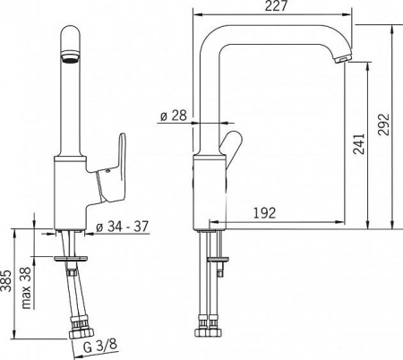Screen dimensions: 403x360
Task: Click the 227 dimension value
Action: (x=276, y=5)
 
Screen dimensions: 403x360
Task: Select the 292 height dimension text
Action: (x=383, y=124)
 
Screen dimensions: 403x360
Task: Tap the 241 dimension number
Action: (x=359, y=143)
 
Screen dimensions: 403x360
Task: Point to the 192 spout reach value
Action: (x=264, y=213)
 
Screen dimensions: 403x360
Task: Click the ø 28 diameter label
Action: (x=174, y=116)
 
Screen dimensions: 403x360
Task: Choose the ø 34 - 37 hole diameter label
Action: (x=122, y=227)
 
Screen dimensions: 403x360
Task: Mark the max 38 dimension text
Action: (x=26, y=287)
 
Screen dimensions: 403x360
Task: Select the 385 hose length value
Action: (x=6, y=280)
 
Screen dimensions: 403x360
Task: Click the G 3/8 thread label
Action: (x=99, y=346)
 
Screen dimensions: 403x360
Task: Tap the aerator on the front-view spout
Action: (x=70, y=56)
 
